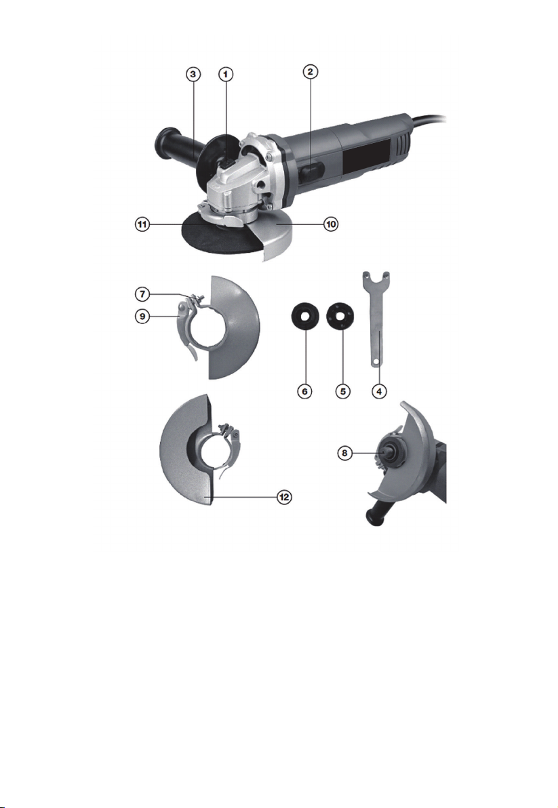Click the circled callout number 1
[x=226, y=74]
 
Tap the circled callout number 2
[x=310, y=72]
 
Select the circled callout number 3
[x=193, y=74]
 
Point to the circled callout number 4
[x=379, y=391]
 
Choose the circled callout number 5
[x=342, y=391]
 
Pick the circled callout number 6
[x=305, y=391]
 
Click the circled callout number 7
[x=142, y=294]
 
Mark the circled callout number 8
[x=344, y=453]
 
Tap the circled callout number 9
[x=142, y=316]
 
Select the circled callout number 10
[x=331, y=224]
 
